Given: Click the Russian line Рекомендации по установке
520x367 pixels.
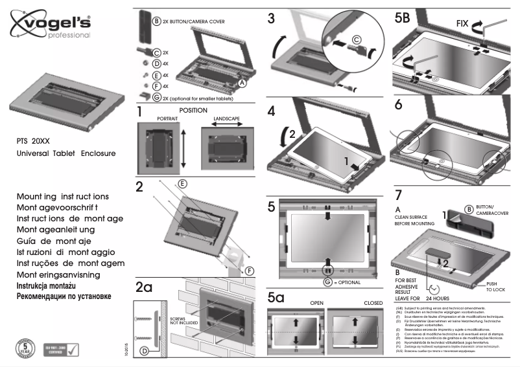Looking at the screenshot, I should pyautogui.click(x=63, y=296).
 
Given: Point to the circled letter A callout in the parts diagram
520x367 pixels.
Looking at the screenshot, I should pyautogui.click(x=242, y=83).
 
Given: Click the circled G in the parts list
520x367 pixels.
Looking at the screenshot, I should pyautogui.click(x=156, y=98).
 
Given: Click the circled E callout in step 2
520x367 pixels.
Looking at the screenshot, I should pyautogui.click(x=183, y=184).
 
